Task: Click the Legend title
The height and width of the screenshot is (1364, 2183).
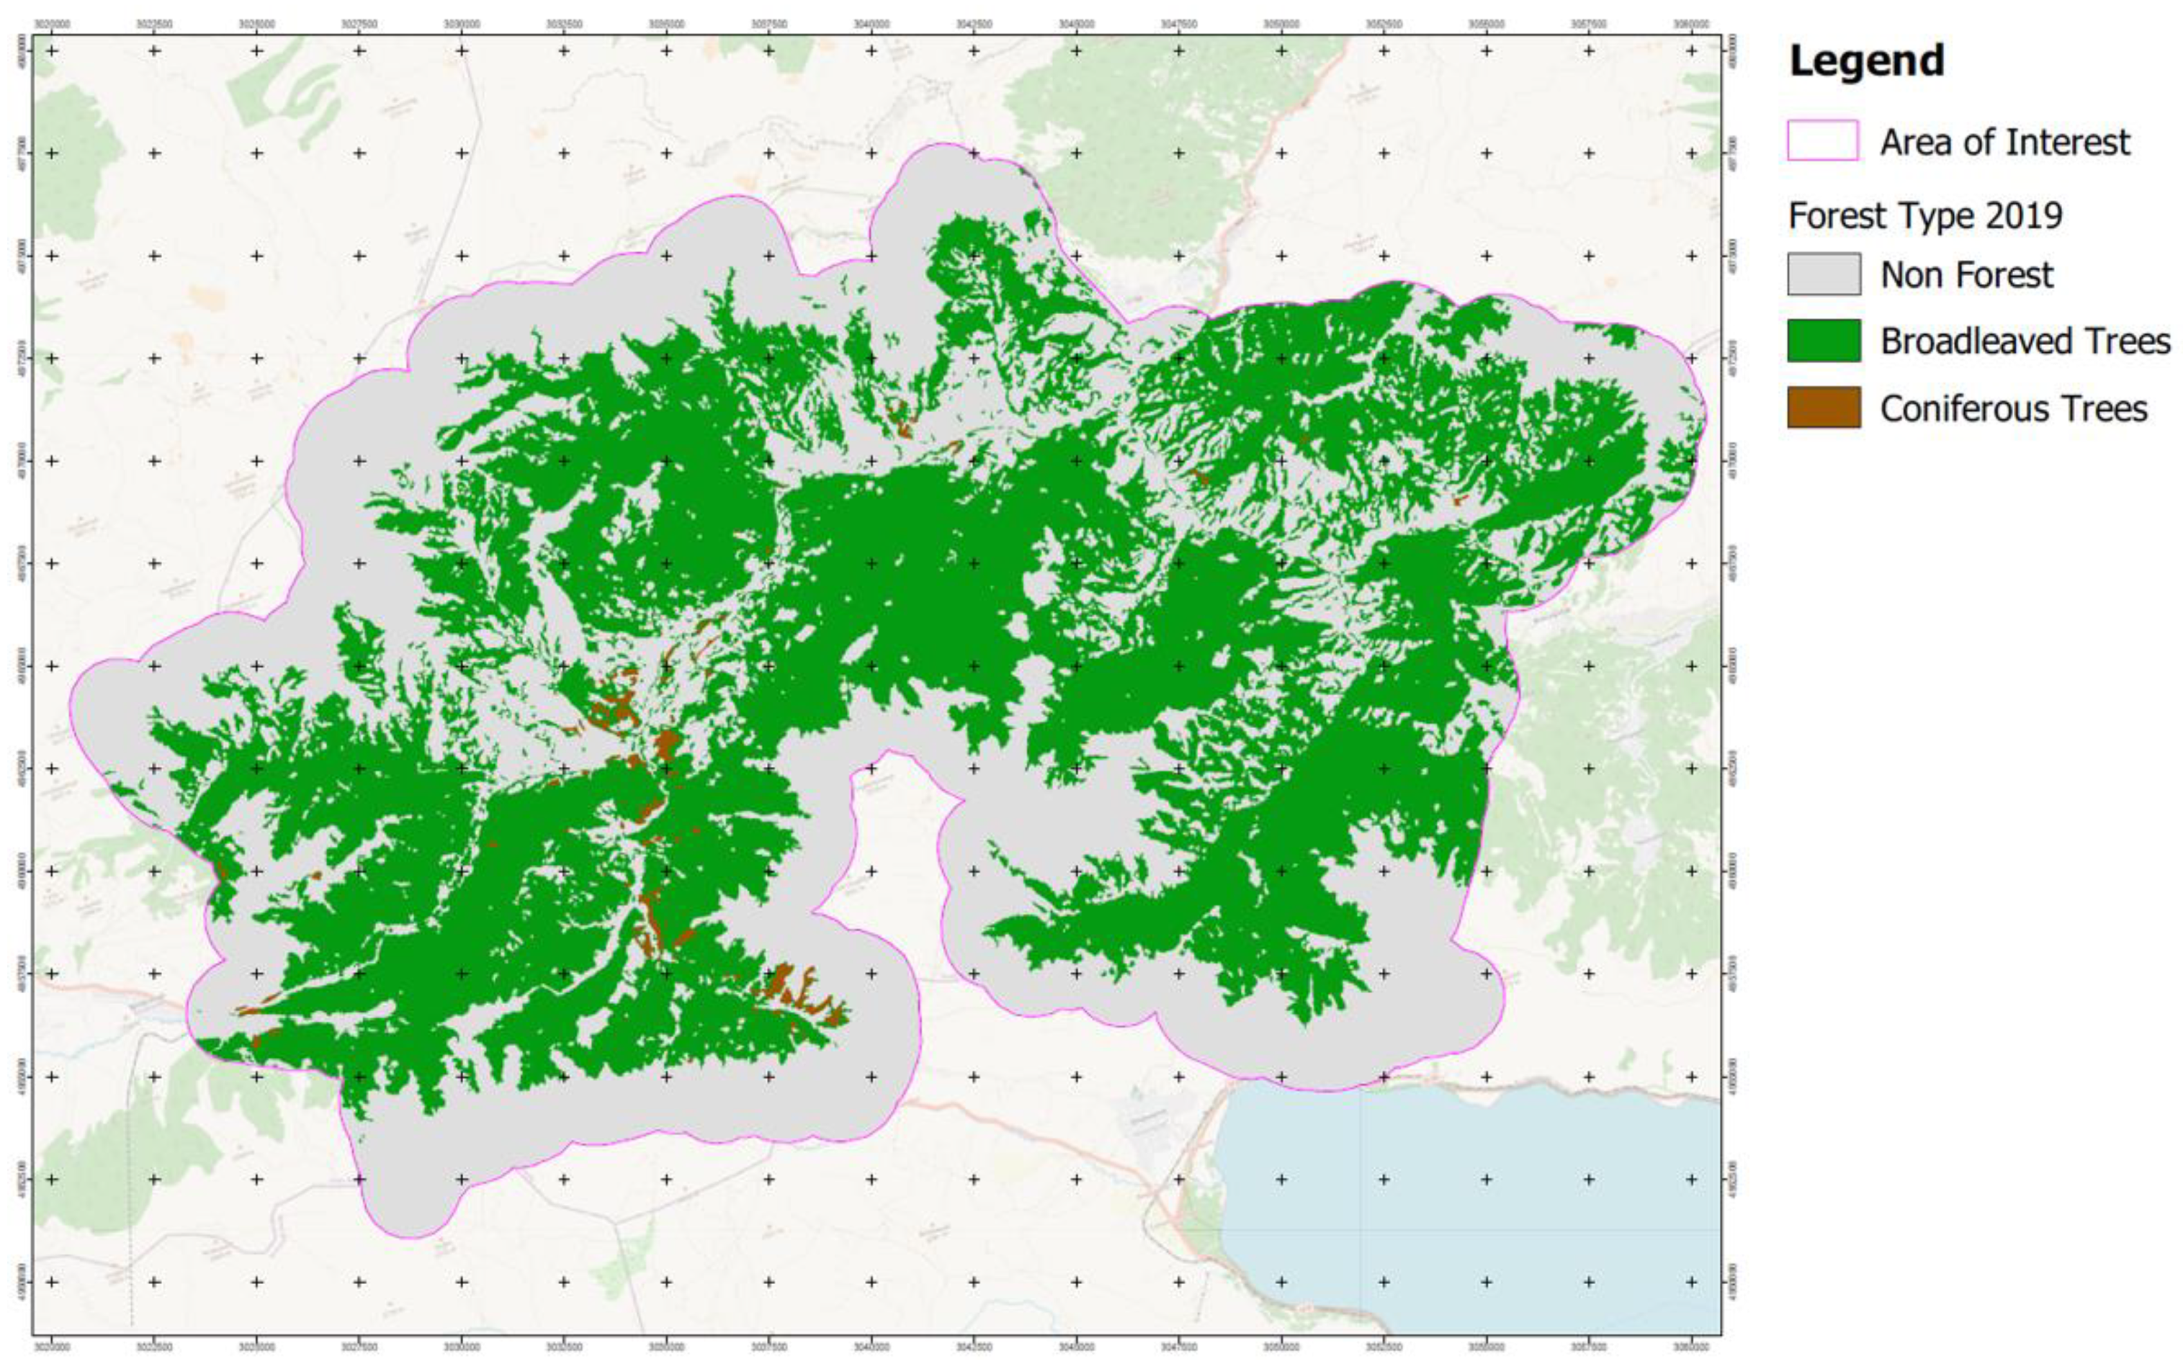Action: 1866,61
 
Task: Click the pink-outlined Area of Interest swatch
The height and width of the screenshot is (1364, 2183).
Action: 1822,141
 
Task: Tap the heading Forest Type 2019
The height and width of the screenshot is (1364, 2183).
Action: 1925,216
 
